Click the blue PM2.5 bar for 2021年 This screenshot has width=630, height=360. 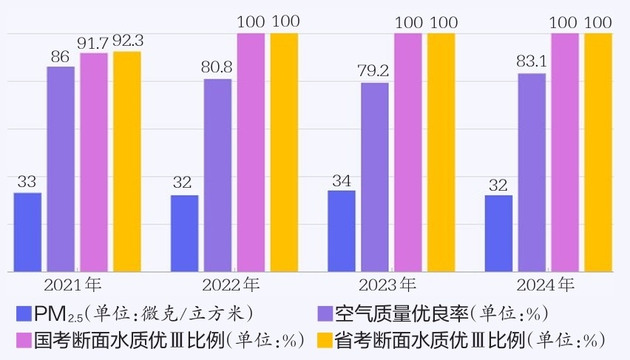coord(28,231)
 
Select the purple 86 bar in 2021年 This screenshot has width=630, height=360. coord(61,169)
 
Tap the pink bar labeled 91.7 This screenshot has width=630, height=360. coord(94,162)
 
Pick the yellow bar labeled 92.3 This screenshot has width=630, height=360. coord(126,161)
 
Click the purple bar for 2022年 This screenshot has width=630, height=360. coord(217,174)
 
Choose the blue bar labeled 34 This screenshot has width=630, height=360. coord(341,231)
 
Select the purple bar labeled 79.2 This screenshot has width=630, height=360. coord(375,177)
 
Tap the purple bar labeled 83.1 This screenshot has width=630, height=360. coord(532,172)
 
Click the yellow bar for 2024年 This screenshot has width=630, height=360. coord(598,152)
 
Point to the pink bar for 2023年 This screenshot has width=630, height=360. coord(407,152)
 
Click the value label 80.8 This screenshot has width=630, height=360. coord(217,67)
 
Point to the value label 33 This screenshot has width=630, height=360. coord(27,181)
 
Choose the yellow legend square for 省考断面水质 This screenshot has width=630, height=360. coord(325,340)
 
